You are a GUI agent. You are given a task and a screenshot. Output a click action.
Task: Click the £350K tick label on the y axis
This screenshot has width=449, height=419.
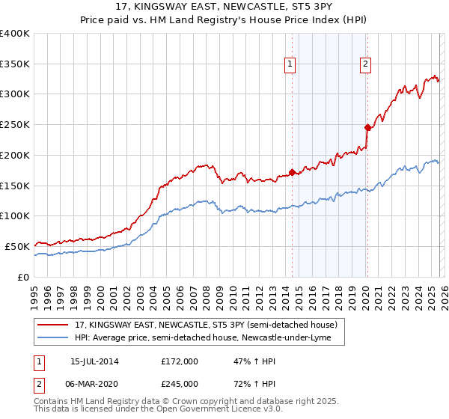[x=14, y=64]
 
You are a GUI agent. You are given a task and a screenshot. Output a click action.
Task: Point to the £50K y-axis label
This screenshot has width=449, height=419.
[x=16, y=246]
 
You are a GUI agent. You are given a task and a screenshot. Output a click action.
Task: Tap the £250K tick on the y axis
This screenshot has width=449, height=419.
[x=14, y=125]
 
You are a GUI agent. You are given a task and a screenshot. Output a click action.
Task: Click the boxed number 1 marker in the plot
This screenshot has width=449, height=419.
[x=290, y=65]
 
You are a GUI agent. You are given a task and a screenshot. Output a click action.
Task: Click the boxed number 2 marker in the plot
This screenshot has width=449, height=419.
[x=365, y=65]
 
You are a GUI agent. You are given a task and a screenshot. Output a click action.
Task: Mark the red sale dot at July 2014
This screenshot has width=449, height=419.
[x=292, y=172]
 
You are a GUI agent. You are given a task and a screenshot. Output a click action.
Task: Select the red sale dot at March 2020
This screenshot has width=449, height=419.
[x=367, y=127]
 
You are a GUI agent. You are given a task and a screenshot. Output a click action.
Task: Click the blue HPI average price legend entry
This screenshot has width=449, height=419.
[x=207, y=338]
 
